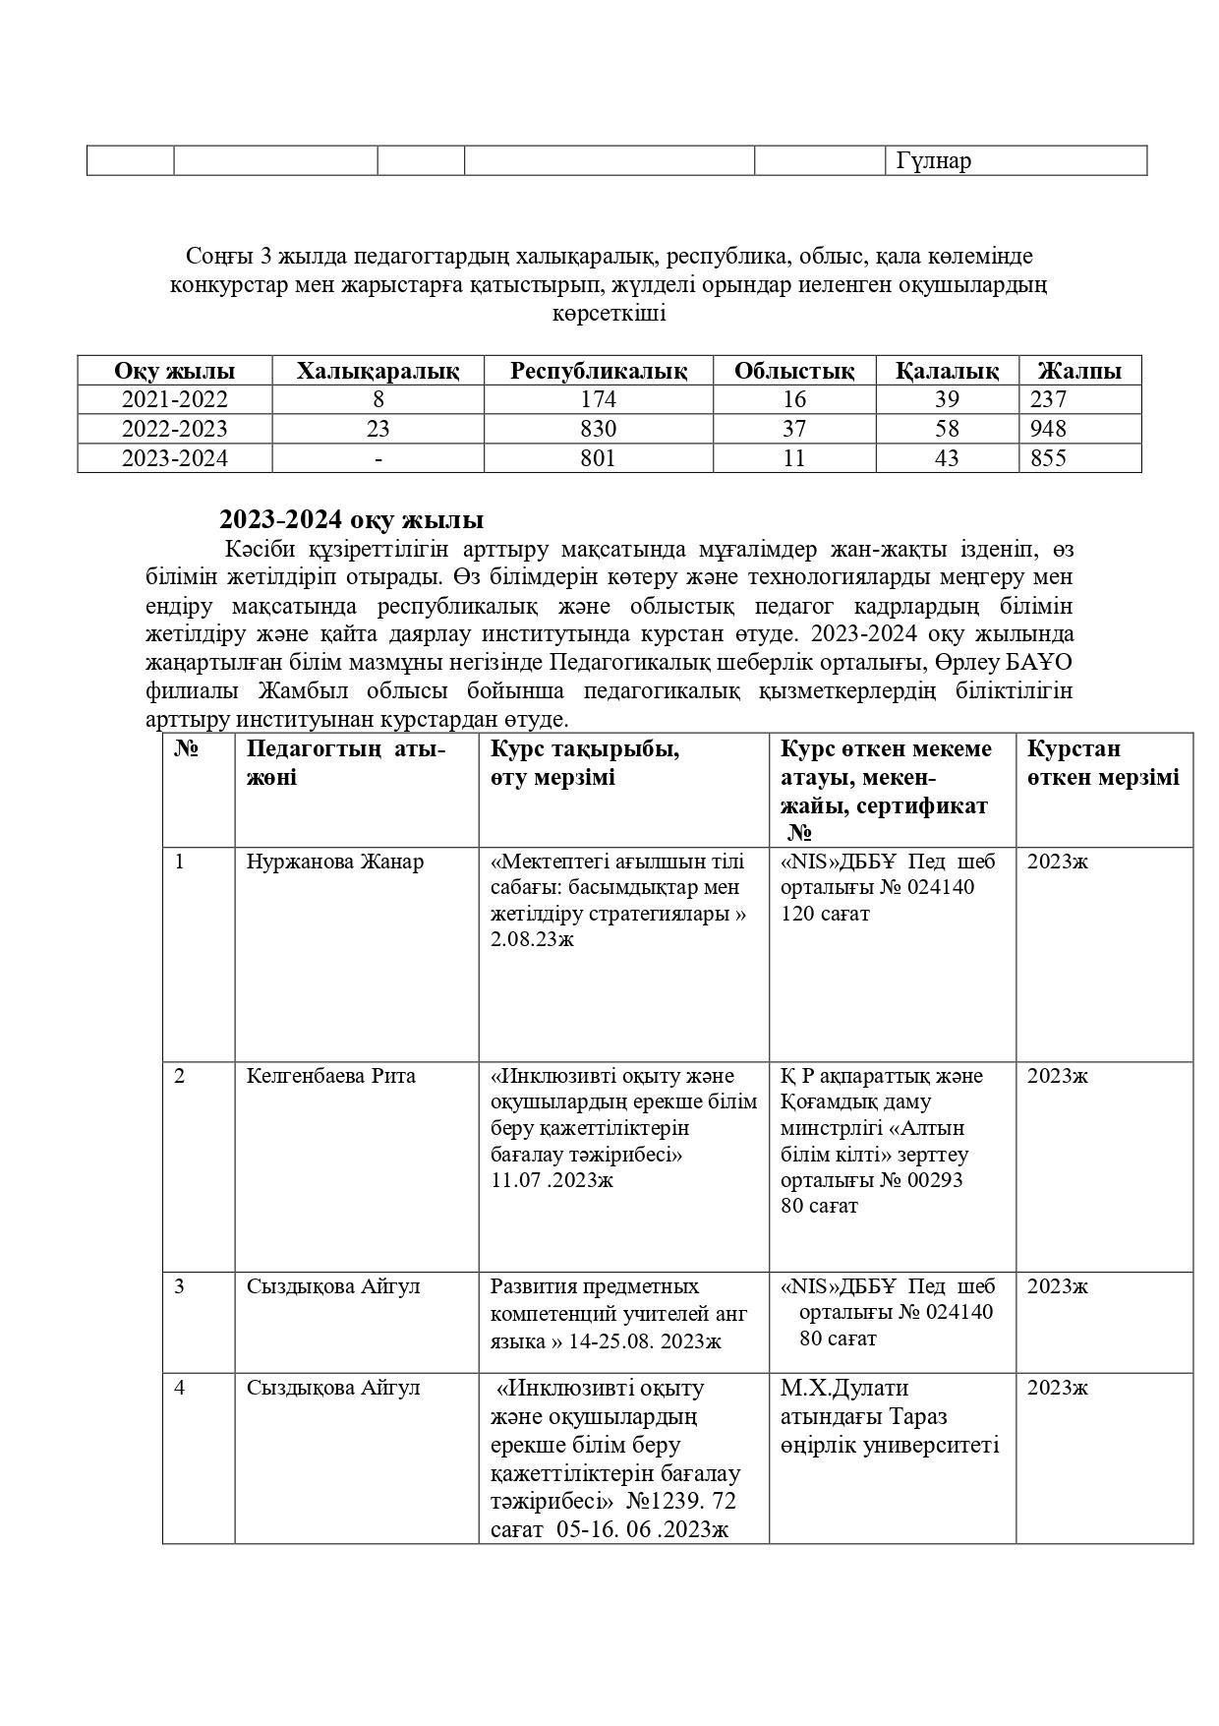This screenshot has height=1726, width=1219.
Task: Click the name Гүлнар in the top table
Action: point(933,161)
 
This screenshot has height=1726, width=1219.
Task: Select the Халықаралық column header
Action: point(377,371)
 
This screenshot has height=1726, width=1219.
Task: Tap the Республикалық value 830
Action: point(598,429)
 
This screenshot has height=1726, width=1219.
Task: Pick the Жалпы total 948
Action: point(1048,429)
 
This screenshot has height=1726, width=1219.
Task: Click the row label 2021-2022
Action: point(174,399)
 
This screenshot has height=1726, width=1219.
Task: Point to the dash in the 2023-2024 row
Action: point(378,458)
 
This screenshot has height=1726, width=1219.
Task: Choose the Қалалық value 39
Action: point(947,399)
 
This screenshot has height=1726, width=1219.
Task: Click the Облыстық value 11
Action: point(793,458)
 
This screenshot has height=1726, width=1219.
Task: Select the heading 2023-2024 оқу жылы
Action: point(351,520)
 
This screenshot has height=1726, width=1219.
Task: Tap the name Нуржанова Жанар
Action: point(334,863)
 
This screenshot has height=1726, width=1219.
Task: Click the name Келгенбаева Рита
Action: point(330,1076)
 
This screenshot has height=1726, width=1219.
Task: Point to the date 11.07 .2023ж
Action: point(551,1179)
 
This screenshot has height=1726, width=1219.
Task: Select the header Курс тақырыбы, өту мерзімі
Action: point(584,762)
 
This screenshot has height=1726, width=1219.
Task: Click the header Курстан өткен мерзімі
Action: point(1102,762)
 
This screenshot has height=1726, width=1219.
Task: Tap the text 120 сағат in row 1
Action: point(825,914)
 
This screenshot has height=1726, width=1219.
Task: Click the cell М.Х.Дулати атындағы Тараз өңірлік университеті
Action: point(889,1416)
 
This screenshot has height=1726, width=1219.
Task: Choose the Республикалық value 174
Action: point(598,399)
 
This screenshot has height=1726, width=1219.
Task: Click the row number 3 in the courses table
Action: point(179,1286)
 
